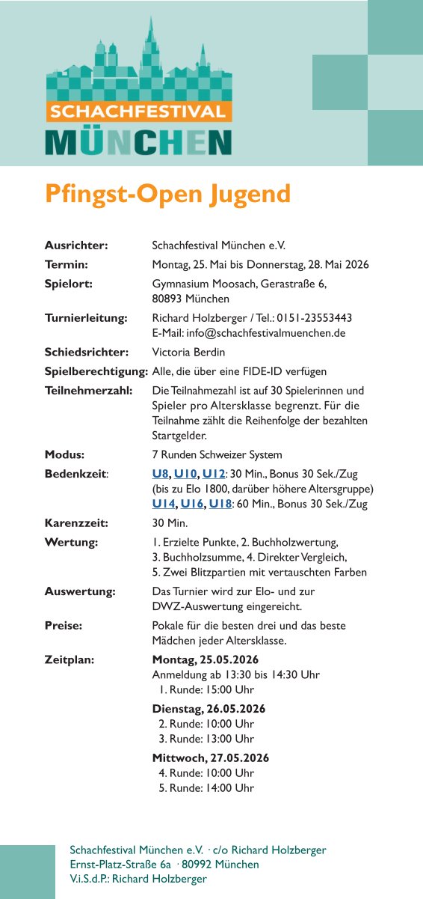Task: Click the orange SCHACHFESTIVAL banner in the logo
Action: click(x=138, y=112)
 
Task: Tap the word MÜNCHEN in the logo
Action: click(x=138, y=141)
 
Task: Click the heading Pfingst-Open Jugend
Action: click(x=167, y=193)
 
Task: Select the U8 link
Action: click(x=160, y=475)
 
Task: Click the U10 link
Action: click(x=185, y=475)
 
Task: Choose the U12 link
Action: click(x=214, y=475)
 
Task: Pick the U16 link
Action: click(x=192, y=504)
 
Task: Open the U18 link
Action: click(x=220, y=504)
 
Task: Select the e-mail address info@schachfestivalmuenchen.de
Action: click(x=259, y=332)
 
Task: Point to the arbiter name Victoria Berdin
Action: click(x=188, y=352)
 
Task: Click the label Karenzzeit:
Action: click(x=76, y=523)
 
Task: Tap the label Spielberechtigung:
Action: click(x=96, y=371)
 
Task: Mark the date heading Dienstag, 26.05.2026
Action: click(x=209, y=709)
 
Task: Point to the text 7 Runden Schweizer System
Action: click(x=217, y=455)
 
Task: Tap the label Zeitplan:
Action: click(x=70, y=659)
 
